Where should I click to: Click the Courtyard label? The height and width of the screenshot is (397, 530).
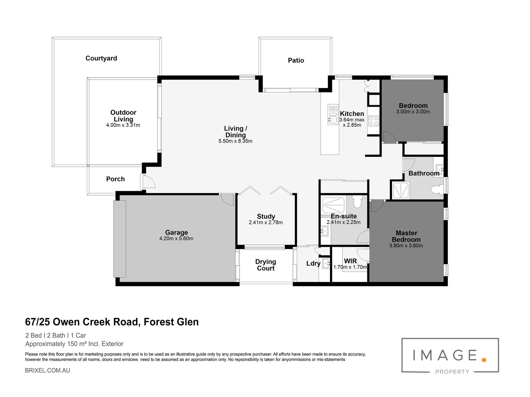(x=101, y=58)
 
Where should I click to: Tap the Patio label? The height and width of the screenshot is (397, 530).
(x=296, y=60)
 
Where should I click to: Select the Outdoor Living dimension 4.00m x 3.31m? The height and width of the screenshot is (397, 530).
(x=123, y=125)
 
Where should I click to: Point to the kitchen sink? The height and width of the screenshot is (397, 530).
(x=333, y=114)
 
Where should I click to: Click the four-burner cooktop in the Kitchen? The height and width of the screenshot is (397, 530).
(x=374, y=121)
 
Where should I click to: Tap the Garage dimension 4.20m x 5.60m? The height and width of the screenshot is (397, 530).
(x=176, y=239)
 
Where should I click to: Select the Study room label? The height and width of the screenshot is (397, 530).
(x=266, y=216)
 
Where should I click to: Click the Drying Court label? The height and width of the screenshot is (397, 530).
(x=266, y=265)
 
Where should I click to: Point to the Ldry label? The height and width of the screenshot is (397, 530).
(x=313, y=263)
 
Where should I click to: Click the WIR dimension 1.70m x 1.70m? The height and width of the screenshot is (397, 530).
(x=350, y=267)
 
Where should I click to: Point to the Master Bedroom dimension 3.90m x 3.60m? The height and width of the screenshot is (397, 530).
(x=406, y=245)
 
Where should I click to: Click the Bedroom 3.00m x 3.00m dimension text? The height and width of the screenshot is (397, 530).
(x=413, y=111)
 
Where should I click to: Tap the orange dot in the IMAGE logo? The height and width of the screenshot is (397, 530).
(x=484, y=360)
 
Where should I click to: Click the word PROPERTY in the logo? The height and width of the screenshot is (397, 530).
(x=452, y=372)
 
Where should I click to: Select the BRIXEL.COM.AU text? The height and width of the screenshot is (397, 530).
(x=48, y=371)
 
